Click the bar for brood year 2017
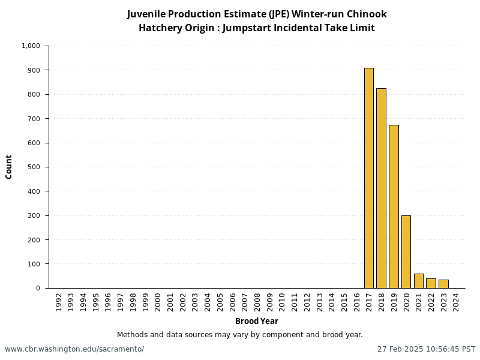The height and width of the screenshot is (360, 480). point(368,178)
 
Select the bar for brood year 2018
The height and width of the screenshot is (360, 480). point(381,188)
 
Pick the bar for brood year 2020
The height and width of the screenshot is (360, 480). point(406,251)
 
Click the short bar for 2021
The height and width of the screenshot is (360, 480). point(418,281)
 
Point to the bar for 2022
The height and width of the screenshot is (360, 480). point(431,283)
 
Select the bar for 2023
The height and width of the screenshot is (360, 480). point(443,284)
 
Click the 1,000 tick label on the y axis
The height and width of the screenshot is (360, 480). point(31,46)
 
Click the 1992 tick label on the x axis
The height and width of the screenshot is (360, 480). point(58,301)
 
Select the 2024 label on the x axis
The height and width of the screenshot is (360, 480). point(456,301)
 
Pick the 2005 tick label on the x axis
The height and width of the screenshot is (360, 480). point(220,301)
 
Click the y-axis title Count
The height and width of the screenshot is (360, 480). point(9,167)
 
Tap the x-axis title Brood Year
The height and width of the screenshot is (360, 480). point(256,321)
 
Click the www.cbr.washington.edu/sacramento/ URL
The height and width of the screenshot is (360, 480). point(74,349)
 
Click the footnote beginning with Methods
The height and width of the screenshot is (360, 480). point(239,335)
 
